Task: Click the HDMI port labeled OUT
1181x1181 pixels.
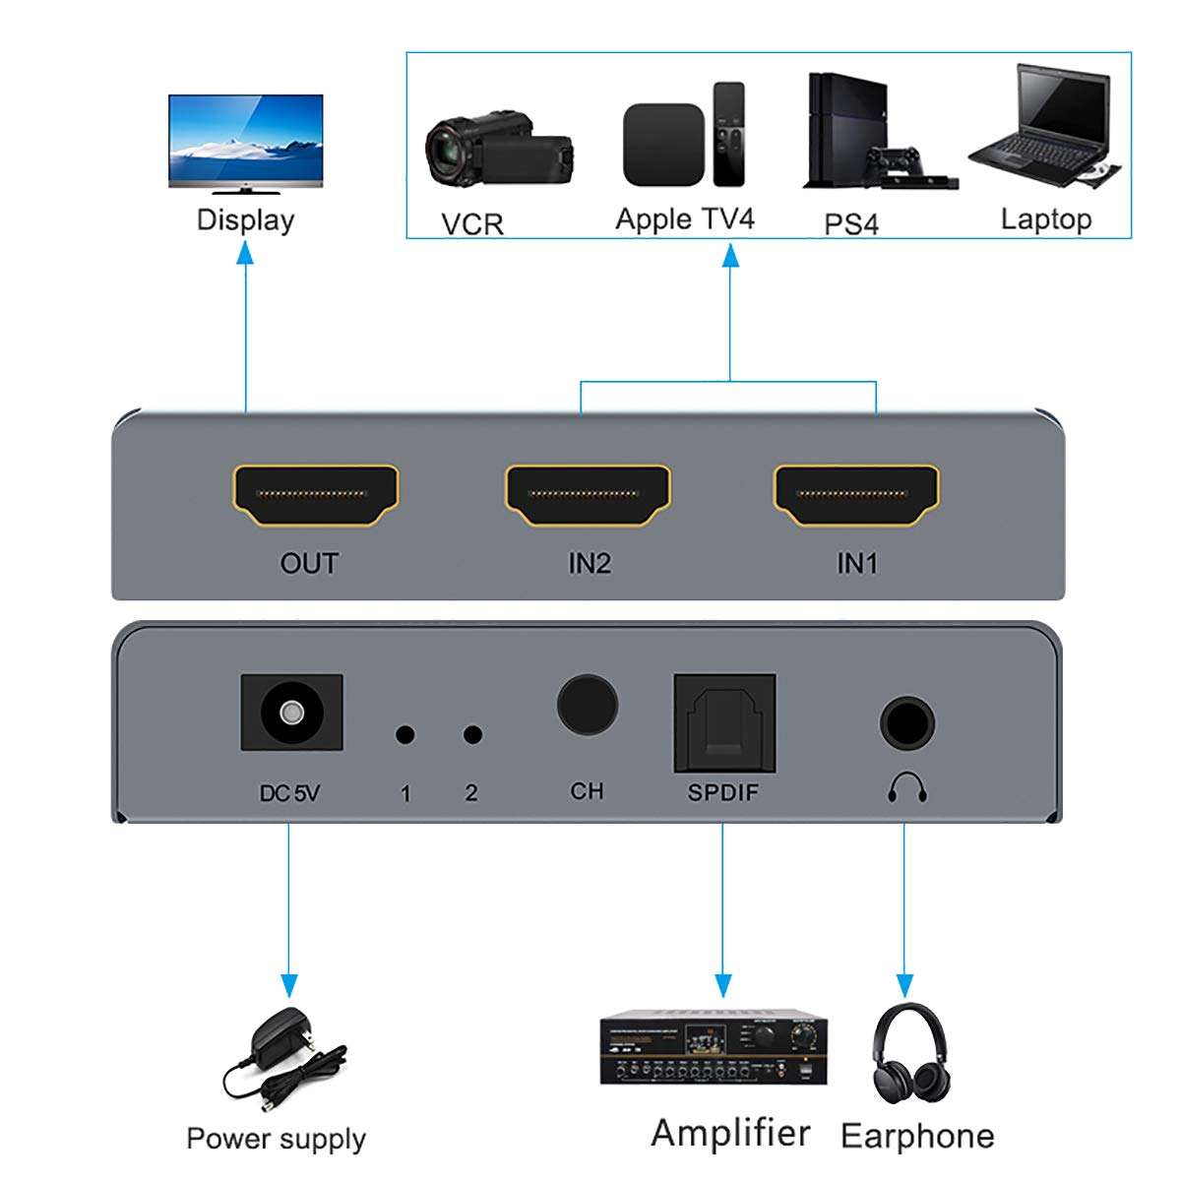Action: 316,495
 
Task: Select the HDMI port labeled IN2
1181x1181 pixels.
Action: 588,495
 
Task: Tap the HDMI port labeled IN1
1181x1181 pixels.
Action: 856,495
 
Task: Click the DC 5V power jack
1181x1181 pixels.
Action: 291,712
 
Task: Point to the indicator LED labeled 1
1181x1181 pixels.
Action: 404,734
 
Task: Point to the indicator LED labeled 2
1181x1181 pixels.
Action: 472,734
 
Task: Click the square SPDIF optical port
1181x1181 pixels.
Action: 724,722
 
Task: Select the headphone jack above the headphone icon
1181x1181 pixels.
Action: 906,723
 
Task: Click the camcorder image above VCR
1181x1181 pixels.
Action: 497,148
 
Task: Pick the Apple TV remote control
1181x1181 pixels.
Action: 728,134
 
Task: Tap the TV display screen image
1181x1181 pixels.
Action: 245,141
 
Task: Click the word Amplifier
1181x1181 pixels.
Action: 730,1133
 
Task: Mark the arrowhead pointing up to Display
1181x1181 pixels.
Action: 245,255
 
